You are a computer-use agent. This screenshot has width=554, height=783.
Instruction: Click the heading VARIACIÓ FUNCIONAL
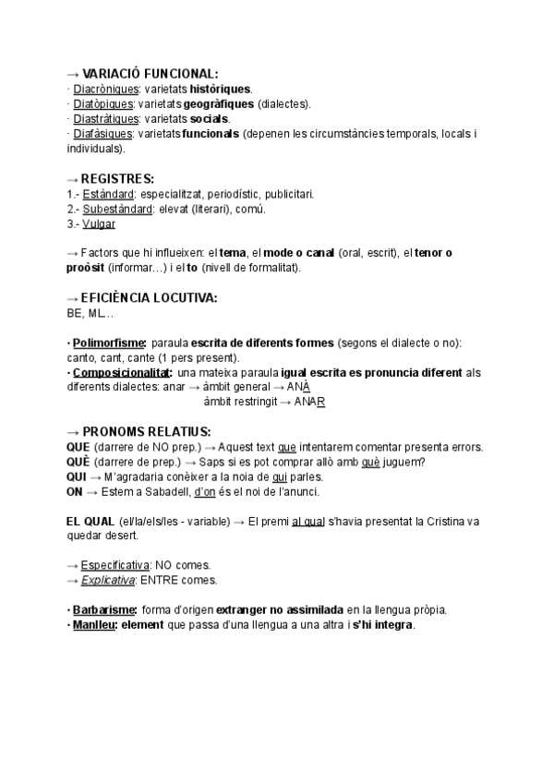point(151,73)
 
